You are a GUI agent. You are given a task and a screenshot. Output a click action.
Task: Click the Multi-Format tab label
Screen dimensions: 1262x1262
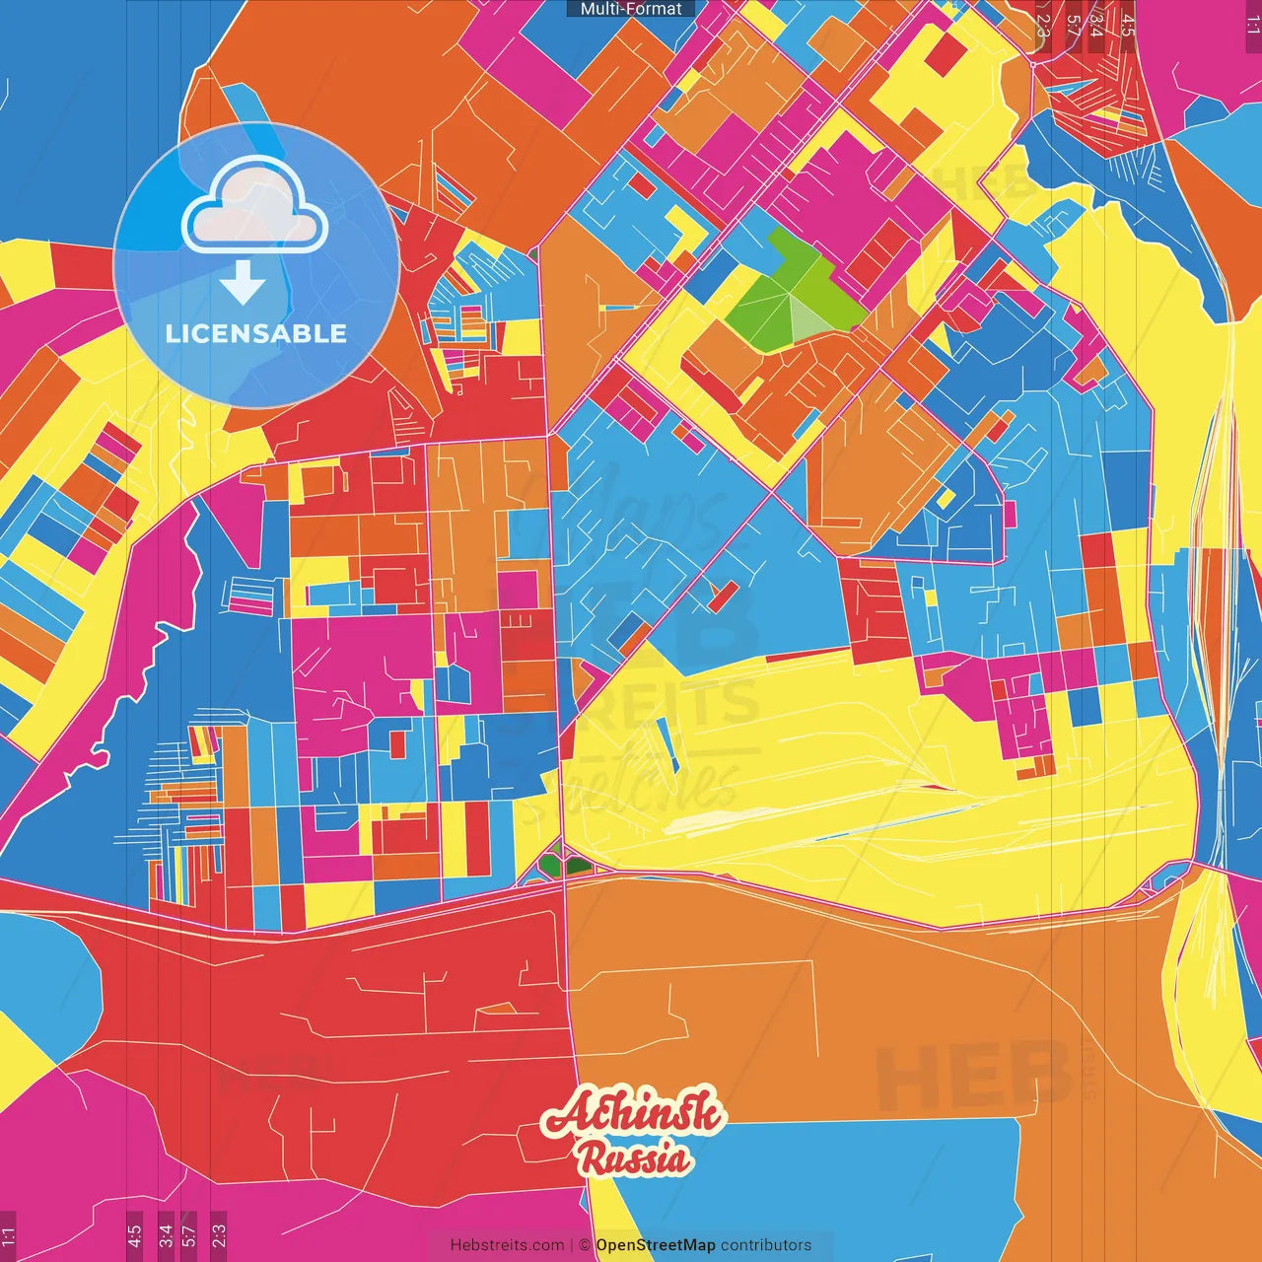point(631,9)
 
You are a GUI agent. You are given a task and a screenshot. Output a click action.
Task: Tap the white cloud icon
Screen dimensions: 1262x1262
point(254,208)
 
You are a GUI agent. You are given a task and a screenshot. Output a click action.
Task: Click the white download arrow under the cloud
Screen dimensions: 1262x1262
point(243,283)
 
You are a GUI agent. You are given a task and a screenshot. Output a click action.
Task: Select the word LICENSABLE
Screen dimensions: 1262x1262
point(256,333)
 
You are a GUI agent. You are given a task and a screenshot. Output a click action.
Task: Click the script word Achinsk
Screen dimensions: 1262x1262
point(633,1115)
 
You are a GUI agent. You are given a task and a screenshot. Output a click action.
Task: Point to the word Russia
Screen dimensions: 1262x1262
point(635,1157)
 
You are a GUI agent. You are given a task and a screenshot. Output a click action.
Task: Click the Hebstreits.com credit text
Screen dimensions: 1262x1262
point(507,1245)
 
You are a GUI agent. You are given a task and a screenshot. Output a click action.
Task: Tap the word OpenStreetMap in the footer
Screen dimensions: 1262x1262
point(656,1245)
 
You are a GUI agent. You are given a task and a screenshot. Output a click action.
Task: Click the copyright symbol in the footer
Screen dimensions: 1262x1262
point(585,1245)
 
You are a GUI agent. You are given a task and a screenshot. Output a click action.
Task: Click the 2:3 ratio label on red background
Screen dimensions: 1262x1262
point(1042,25)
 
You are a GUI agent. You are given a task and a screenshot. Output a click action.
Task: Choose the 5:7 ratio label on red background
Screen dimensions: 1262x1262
point(1072,25)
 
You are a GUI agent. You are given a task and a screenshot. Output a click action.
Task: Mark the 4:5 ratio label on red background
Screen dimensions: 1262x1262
point(1128,25)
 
